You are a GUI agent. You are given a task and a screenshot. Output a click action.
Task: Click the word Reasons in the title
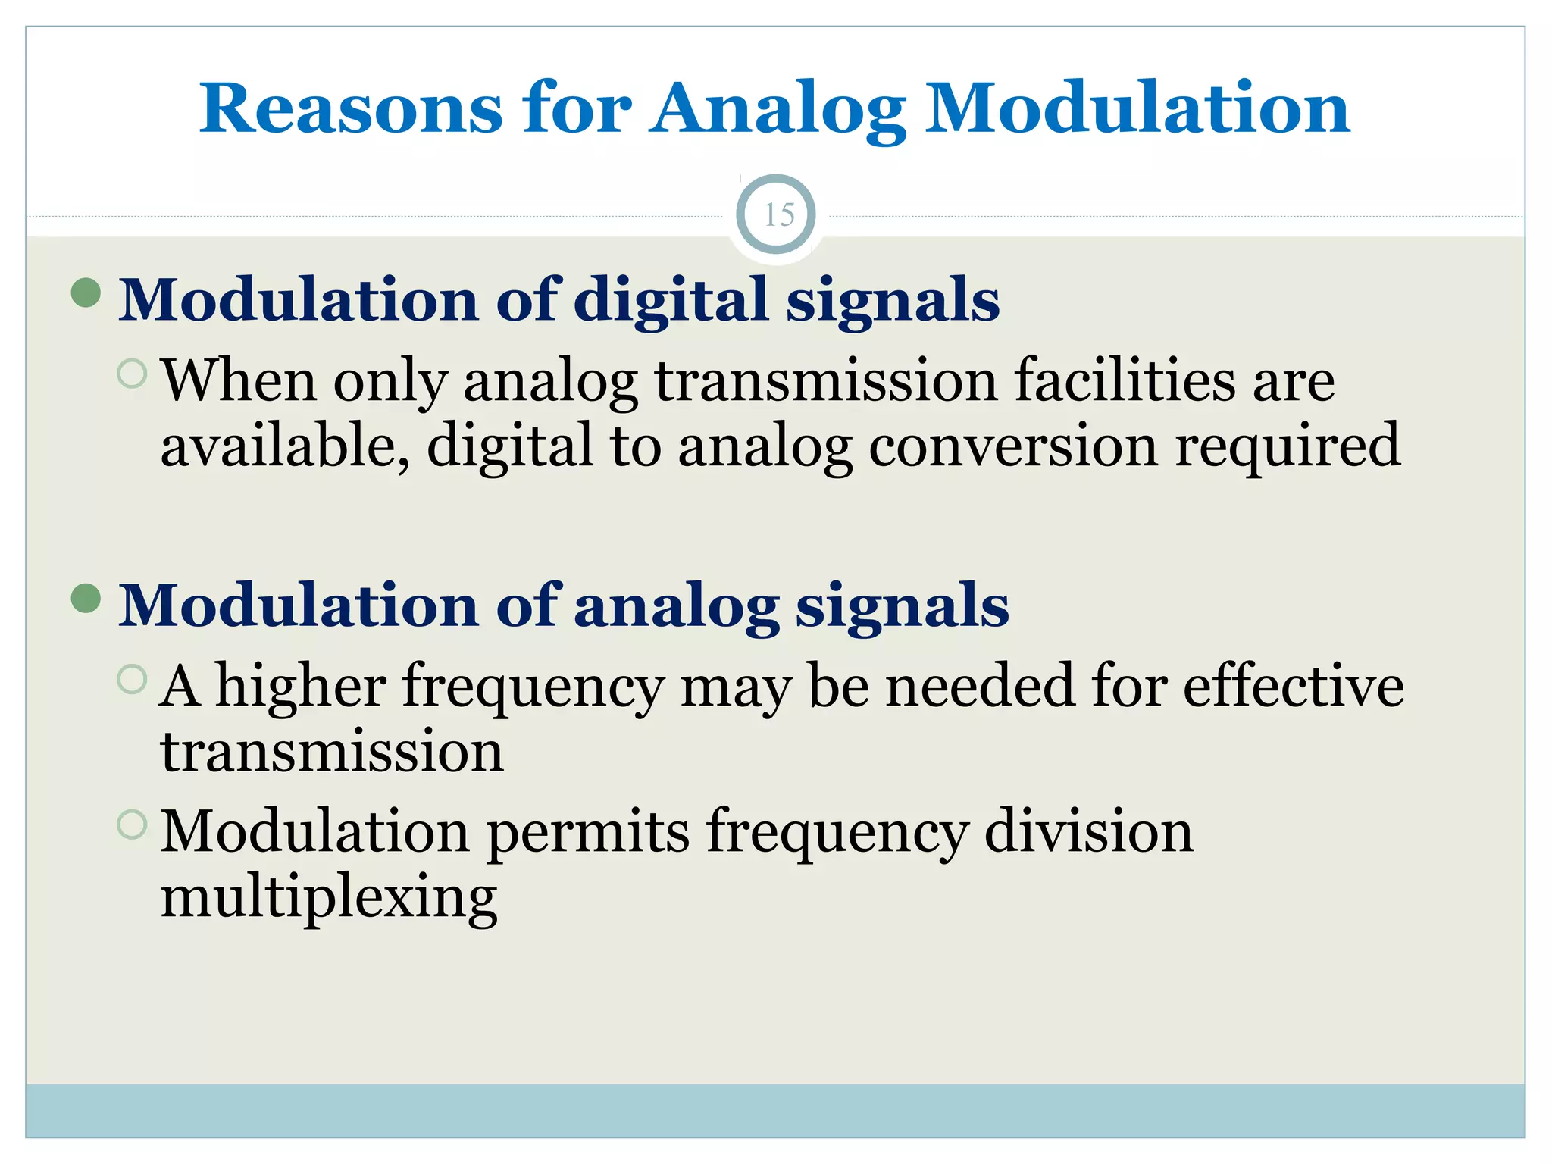(350, 109)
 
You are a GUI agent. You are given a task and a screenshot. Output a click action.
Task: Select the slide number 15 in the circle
(778, 215)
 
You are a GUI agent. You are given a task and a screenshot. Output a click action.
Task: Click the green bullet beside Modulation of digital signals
(86, 293)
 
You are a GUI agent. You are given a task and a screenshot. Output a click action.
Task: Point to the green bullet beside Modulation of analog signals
(86, 598)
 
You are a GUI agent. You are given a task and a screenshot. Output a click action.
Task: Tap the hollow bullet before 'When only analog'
(133, 373)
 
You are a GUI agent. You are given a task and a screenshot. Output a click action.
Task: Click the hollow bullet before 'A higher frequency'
(133, 679)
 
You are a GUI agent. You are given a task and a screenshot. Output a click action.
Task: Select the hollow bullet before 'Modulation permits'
(133, 824)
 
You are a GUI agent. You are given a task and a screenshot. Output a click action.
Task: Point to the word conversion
(1013, 447)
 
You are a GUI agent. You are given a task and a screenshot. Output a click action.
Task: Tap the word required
(1288, 447)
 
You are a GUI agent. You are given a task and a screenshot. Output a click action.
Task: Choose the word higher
(301, 687)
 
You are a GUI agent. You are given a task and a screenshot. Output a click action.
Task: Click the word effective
(1293, 687)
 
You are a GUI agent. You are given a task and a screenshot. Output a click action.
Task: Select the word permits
(587, 832)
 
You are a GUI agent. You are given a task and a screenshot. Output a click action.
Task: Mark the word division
(1088, 832)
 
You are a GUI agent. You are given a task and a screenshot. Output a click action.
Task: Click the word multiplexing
(329, 899)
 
